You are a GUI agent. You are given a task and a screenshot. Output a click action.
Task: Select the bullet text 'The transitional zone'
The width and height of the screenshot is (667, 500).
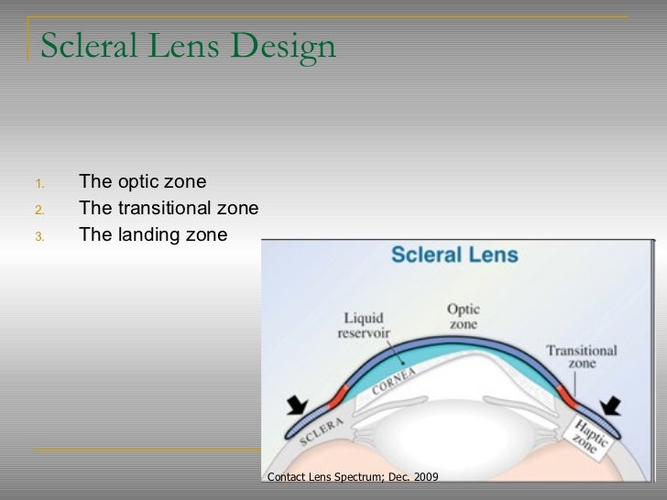169,207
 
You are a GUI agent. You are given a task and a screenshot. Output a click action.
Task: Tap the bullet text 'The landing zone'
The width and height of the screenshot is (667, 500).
152,234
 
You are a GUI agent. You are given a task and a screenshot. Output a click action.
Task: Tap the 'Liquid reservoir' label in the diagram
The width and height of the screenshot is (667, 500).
365,321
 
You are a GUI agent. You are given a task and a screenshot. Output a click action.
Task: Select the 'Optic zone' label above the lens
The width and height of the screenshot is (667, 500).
464,316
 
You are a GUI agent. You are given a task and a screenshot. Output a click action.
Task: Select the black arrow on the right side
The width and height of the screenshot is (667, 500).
611,404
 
